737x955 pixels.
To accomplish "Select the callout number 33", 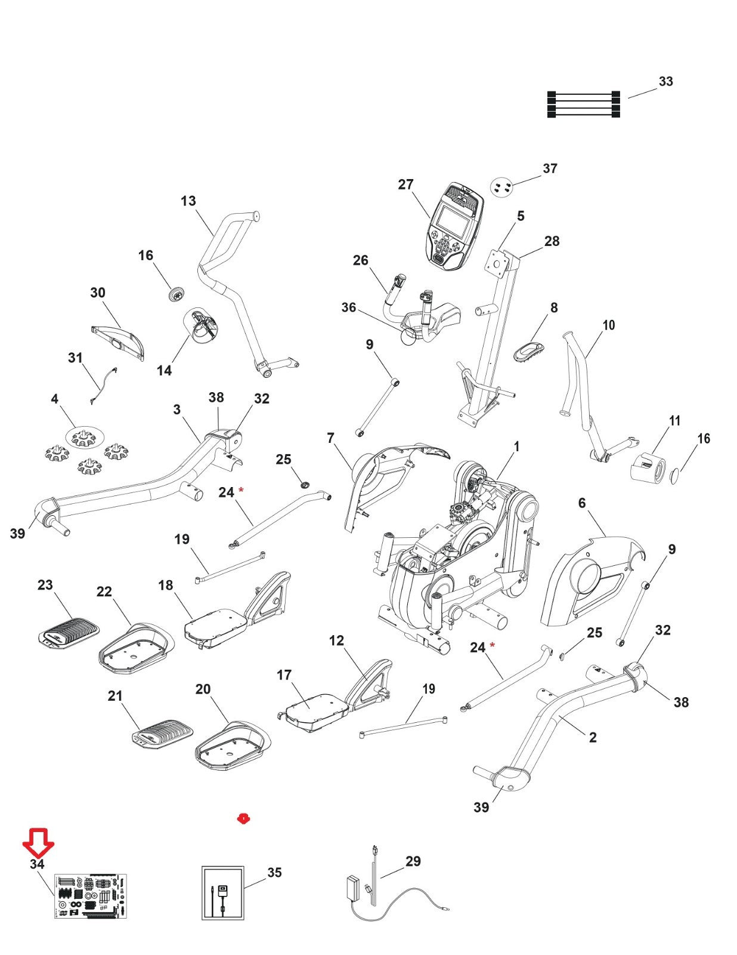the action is pos(665,81).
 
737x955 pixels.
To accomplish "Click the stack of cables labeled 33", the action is pos(583,104).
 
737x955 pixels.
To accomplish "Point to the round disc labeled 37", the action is pos(501,187).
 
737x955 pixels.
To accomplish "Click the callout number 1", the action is pos(516,446).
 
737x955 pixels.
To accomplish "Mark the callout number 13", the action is pos(188,201).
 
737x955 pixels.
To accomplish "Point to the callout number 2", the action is pos(593,737).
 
